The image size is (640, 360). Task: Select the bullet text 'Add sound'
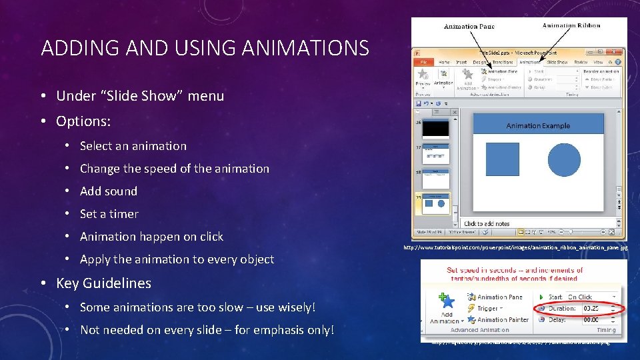coord(108,191)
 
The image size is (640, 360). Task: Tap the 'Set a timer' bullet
coord(109,214)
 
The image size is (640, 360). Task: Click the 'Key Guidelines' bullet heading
coord(103,283)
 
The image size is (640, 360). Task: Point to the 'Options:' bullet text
coord(83,121)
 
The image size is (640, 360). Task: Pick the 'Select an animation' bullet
coord(133,146)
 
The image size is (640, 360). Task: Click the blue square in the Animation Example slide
coord(502,159)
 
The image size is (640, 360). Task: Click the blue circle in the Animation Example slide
coord(564,159)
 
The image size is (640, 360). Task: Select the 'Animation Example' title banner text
coord(537,125)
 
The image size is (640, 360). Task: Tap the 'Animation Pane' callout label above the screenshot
coord(469,27)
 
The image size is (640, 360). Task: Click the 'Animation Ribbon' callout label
coord(571,26)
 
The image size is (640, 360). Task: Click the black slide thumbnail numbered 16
coord(437,128)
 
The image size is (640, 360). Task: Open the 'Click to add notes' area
coord(487,223)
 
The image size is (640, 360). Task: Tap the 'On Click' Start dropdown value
coord(579,297)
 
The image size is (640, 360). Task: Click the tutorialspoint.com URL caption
coord(515,248)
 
